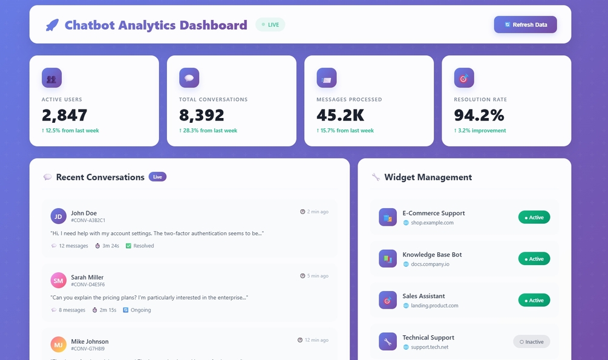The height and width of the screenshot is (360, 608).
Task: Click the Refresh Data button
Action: tap(525, 25)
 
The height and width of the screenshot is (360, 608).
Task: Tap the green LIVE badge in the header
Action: tap(270, 25)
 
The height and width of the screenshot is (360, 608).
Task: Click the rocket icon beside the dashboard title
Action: tap(52, 25)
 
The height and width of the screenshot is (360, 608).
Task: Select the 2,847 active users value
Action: tap(65, 115)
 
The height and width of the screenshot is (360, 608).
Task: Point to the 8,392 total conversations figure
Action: tap(201, 115)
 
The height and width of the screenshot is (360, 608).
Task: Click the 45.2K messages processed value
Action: tap(339, 115)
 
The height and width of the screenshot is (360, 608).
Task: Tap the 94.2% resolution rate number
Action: tap(479, 115)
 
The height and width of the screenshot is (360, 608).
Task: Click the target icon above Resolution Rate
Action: tap(464, 77)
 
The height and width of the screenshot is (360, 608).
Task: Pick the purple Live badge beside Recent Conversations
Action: tap(157, 177)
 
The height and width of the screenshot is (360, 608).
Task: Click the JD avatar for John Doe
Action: tap(59, 216)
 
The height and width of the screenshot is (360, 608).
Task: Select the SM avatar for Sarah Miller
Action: tap(59, 280)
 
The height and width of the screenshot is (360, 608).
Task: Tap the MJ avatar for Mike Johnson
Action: tap(59, 344)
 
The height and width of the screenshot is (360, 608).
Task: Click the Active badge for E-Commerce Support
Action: tap(534, 217)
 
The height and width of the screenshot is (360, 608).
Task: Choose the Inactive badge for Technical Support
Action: tap(531, 342)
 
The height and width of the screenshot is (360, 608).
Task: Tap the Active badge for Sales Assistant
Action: tap(534, 300)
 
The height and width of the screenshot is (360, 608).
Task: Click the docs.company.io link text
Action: tap(430, 264)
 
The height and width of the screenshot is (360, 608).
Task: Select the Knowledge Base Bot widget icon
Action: tap(388, 259)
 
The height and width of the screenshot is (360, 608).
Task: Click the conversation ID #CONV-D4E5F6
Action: tap(88, 284)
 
